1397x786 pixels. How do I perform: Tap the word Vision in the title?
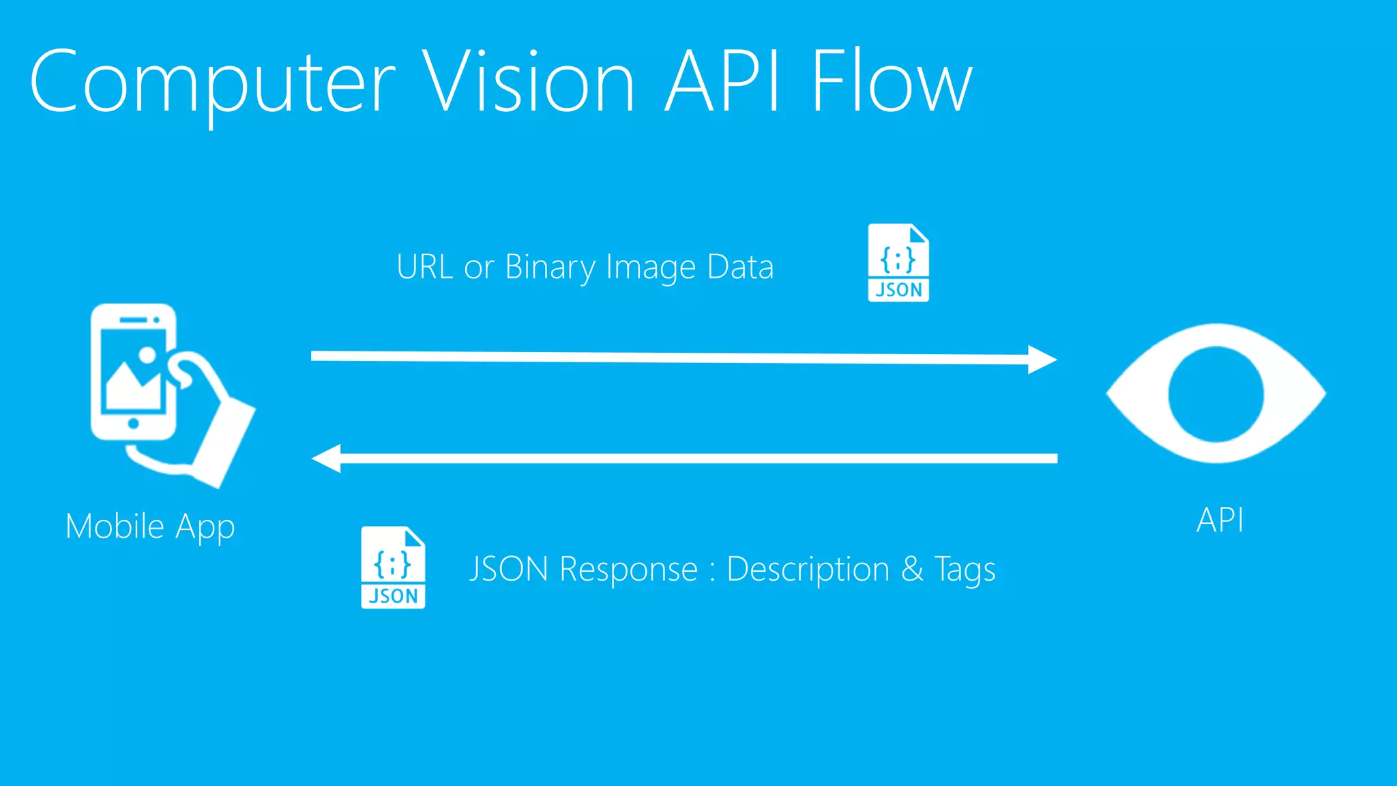tap(529, 82)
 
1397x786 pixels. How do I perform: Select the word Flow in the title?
tap(891, 82)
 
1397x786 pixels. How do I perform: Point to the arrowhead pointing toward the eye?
tap(1042, 360)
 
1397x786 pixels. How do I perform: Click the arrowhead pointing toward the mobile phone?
tap(327, 458)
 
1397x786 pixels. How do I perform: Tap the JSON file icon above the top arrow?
tap(898, 263)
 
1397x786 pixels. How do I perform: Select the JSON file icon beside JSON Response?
tap(393, 568)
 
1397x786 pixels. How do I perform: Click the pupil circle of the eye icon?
tap(1216, 394)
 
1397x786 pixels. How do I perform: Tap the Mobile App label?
tap(150, 527)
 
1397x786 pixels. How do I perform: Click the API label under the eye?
tap(1220, 520)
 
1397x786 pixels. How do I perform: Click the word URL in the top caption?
tap(425, 267)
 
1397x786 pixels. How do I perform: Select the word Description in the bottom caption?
tap(808, 569)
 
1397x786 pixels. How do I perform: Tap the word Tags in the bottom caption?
tap(965, 570)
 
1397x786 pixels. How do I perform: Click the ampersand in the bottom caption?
tap(912, 569)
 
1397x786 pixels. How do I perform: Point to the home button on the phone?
tap(134, 424)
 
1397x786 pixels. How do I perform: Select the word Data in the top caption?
tap(740, 267)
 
